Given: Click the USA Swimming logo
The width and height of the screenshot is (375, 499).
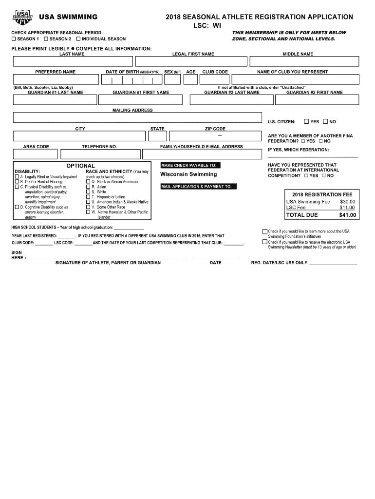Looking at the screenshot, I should coord(22,18).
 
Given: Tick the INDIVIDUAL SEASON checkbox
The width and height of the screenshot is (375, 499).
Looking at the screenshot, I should coord(78,38).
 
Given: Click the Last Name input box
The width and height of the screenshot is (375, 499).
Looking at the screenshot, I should coord(73,61).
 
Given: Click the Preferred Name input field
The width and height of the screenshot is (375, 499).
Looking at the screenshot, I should coord(55,80).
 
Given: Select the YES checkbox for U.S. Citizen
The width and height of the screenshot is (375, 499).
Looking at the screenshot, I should coord(306,121).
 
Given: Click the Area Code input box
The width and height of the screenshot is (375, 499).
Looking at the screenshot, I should coord(36,154).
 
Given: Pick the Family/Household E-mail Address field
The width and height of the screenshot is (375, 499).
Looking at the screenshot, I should coord(201,154).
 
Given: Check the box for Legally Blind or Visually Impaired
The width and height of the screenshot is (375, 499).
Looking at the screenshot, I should coord(17,176).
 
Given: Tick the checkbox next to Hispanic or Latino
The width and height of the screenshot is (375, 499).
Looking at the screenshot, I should coord(88,197).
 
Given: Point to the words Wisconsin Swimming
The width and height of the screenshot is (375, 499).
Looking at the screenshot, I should coord(188,174).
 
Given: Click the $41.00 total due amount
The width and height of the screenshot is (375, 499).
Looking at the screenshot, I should coord(347,215).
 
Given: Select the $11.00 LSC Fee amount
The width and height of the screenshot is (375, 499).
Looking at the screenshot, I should coord(347,208).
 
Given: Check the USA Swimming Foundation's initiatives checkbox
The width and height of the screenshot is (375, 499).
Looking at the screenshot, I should coord(265,231).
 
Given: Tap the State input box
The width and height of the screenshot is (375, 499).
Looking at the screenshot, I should coord(158,136).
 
